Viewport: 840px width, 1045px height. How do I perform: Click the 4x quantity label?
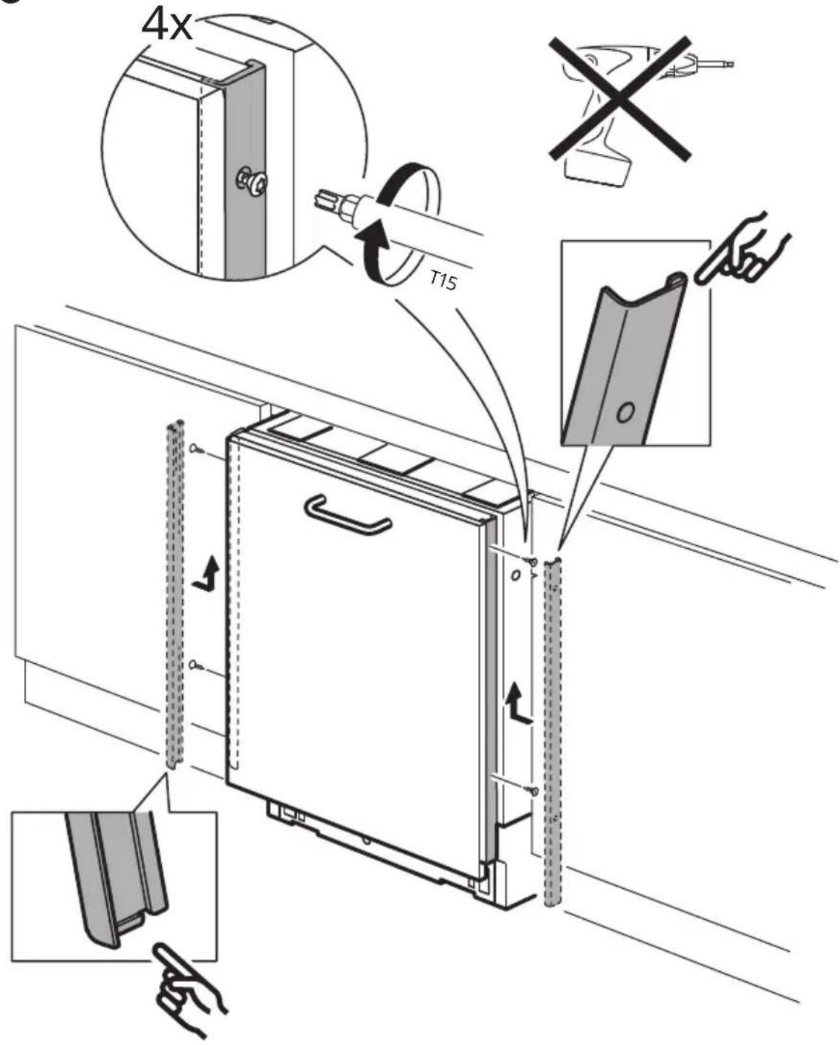tap(166, 25)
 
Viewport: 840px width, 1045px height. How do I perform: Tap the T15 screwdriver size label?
tap(443, 280)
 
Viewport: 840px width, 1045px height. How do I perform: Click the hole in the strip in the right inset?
tap(625, 413)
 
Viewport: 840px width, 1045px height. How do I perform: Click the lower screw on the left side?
tap(198, 665)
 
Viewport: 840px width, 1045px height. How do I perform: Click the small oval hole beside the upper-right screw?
tap(515, 576)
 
